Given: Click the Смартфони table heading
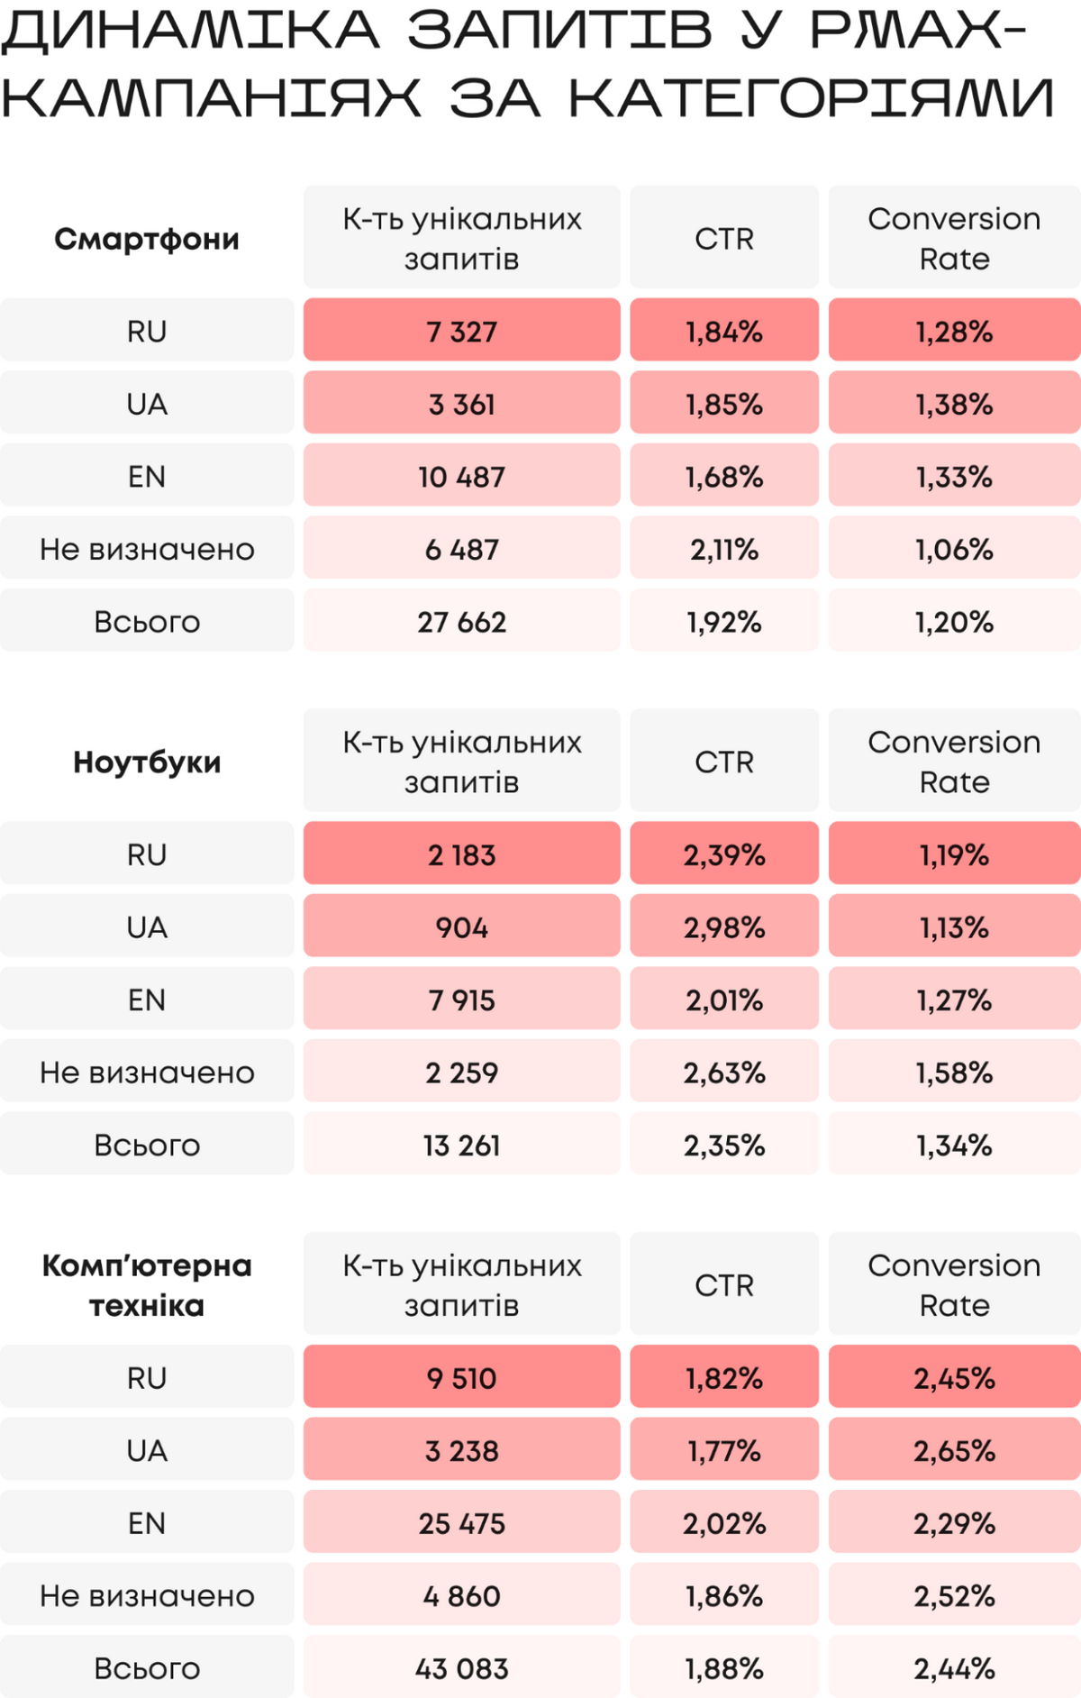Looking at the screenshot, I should [x=147, y=239].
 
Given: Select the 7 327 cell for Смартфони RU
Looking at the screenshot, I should [x=461, y=332].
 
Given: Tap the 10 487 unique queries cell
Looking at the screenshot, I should [x=461, y=477].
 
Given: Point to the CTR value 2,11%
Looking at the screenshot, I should [x=724, y=549].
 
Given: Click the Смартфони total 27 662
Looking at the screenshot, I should [x=461, y=622].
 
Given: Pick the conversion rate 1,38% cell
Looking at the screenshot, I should [x=954, y=404].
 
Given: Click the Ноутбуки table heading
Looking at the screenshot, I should [x=147, y=762].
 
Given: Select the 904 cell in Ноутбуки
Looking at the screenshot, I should [x=461, y=927].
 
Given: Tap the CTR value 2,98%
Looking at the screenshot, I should [x=724, y=927].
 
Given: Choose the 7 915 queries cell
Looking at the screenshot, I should [x=461, y=1000].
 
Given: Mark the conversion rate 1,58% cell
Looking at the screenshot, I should [x=954, y=1073].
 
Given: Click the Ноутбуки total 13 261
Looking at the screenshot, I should [x=461, y=1146].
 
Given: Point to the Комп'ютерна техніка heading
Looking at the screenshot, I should [x=147, y=1285].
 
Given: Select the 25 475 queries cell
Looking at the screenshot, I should [x=461, y=1523].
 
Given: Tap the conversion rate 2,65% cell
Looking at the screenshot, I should [x=954, y=1451].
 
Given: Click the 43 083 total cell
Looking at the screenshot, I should [x=461, y=1668].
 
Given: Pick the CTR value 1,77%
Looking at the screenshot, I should [x=724, y=1451].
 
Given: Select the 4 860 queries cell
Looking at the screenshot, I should [x=461, y=1596].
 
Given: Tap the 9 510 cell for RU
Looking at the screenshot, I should [x=461, y=1378].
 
